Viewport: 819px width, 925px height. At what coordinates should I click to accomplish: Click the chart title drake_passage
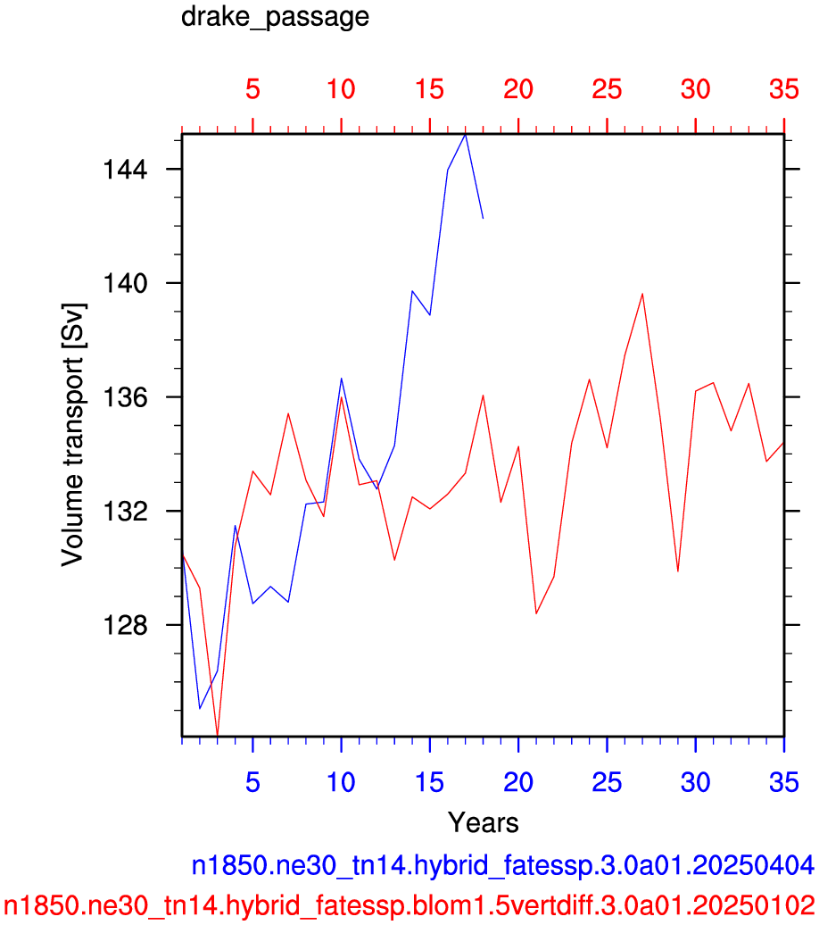275,17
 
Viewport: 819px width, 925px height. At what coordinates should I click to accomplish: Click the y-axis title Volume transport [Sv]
74,435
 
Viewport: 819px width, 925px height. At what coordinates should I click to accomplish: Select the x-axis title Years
483,822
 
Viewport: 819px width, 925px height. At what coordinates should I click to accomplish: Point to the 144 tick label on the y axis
125,170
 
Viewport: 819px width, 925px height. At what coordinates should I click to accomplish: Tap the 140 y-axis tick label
125,284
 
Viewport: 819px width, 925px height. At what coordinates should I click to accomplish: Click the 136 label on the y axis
125,397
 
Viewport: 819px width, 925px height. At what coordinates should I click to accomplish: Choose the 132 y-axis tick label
125,512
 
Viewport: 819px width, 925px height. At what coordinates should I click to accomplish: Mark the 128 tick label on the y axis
125,625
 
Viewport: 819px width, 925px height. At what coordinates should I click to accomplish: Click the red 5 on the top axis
253,89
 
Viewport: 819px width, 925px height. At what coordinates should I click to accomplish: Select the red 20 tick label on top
518,89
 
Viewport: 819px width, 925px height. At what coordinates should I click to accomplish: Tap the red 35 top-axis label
784,89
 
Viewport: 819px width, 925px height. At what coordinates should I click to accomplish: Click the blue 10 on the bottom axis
342,783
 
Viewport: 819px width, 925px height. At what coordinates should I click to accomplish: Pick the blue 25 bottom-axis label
607,783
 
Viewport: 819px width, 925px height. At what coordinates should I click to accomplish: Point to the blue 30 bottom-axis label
696,783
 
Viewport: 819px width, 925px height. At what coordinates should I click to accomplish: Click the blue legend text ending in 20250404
503,866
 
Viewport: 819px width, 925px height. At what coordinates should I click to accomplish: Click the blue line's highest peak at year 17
465,135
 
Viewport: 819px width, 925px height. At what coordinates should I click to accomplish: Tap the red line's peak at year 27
642,294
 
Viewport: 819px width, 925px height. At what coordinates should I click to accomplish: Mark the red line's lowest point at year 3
218,735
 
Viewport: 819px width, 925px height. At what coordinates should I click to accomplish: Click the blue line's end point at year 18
483,218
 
